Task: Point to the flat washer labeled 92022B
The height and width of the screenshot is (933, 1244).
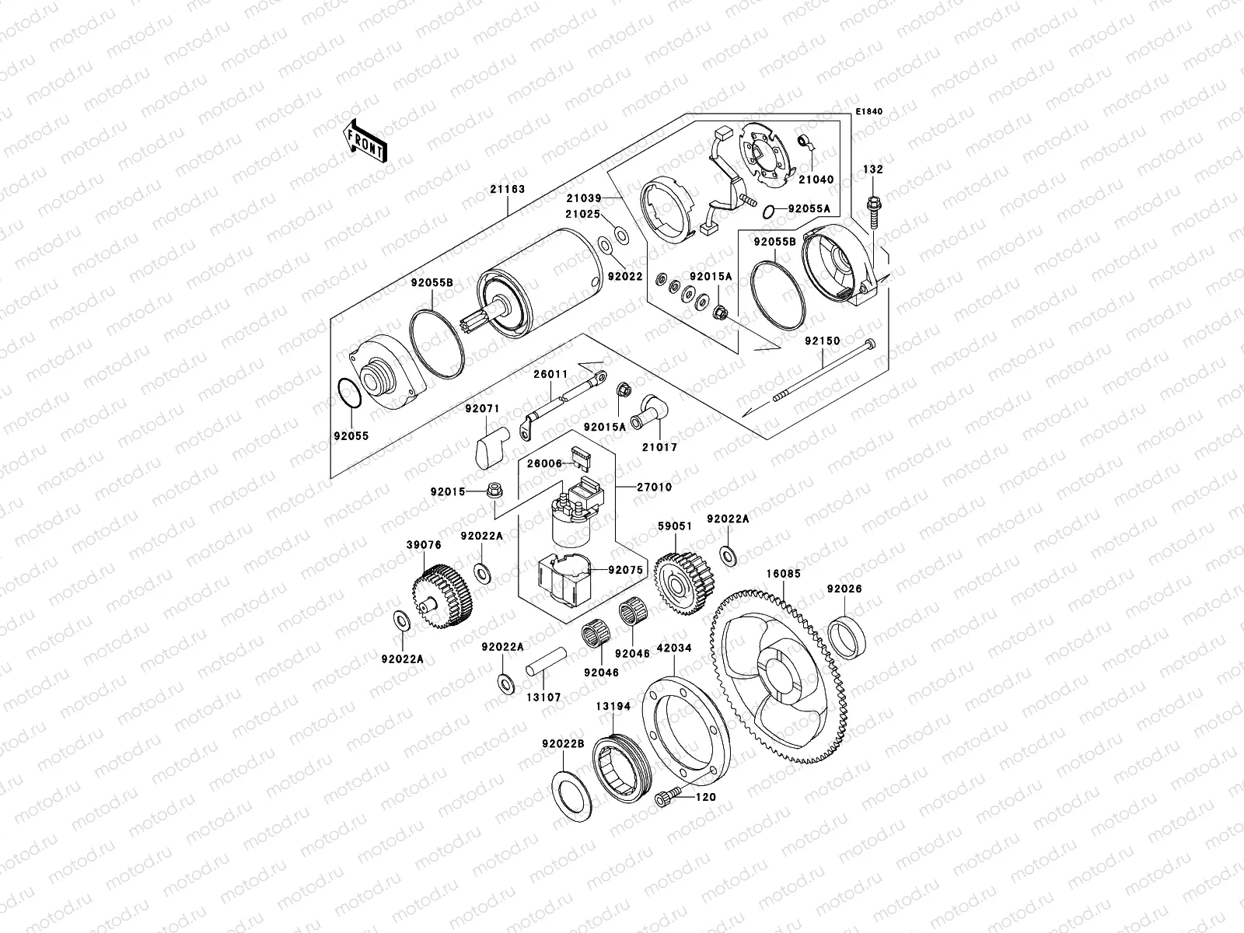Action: [x=575, y=792]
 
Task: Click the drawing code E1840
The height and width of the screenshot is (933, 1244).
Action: [x=870, y=112]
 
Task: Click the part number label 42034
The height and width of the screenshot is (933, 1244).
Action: [x=673, y=648]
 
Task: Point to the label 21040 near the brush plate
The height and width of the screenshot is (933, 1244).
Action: [x=816, y=180]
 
